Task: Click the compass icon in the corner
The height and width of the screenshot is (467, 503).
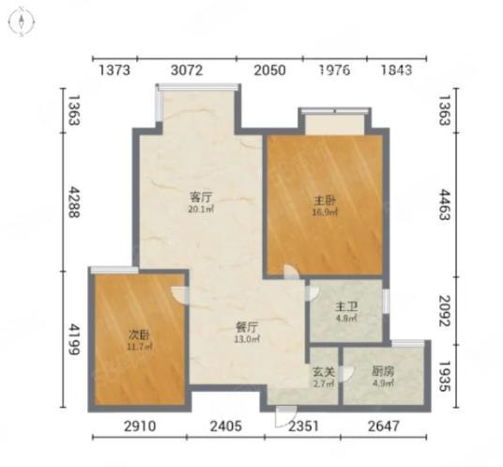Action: tap(22, 23)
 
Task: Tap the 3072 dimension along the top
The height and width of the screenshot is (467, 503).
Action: tap(187, 70)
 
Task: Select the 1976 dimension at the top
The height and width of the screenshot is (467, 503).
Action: tap(335, 70)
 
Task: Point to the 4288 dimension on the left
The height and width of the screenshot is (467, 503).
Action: tap(74, 202)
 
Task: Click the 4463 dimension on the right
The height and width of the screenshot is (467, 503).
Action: tap(445, 205)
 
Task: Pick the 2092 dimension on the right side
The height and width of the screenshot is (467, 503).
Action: tap(445, 311)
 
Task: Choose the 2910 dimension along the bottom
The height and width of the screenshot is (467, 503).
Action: tap(140, 427)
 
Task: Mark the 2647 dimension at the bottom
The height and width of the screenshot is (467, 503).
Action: tap(384, 427)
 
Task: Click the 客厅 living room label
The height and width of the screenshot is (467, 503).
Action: tap(201, 196)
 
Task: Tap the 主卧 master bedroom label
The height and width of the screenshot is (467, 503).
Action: tap(325, 201)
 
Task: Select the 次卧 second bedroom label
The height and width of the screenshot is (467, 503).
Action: tap(139, 335)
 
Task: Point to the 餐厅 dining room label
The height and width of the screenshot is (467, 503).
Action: tap(247, 328)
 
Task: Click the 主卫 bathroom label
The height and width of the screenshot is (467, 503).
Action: tap(346, 307)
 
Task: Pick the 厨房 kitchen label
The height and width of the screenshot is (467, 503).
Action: tap(383, 371)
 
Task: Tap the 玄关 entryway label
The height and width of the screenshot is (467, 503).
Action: tap(324, 372)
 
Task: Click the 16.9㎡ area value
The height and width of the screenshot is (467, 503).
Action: tap(325, 212)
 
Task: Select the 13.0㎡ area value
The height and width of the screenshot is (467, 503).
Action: tap(247, 339)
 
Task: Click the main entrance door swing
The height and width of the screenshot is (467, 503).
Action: tap(285, 417)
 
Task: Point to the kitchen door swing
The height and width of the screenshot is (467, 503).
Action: tap(346, 373)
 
